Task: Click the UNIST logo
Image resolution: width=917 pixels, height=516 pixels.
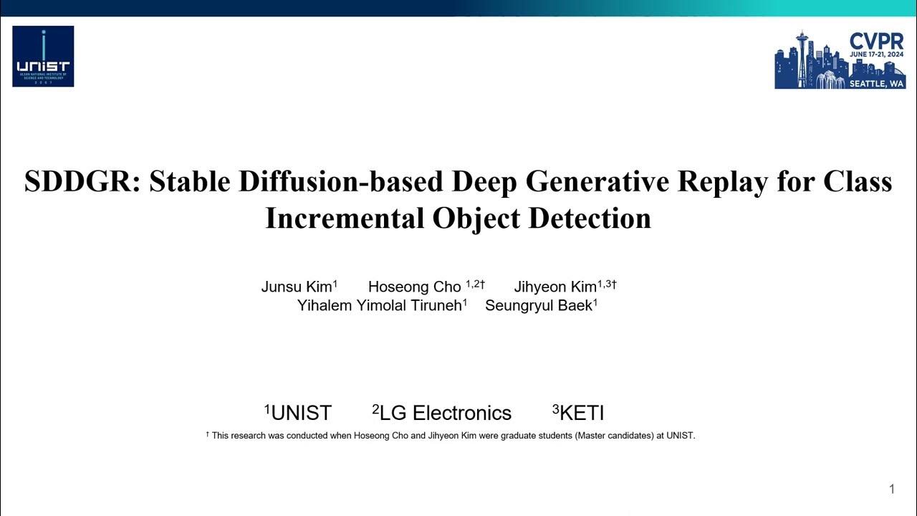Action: click(x=43, y=57)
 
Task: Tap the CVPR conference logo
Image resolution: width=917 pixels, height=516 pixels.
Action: click(x=840, y=59)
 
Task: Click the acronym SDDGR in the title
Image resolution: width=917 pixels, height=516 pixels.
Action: click(x=81, y=181)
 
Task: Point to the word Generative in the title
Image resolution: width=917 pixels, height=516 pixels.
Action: click(x=597, y=181)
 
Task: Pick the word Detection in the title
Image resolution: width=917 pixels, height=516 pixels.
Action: click(x=589, y=218)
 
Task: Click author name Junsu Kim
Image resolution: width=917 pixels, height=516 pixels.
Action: click(x=297, y=287)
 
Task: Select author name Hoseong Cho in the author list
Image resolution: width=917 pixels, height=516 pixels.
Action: click(x=414, y=287)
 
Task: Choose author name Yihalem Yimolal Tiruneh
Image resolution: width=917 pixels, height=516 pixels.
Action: click(x=379, y=306)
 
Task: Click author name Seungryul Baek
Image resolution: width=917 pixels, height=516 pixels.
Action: click(x=539, y=306)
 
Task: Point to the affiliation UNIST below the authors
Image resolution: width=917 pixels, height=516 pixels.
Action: click(x=301, y=414)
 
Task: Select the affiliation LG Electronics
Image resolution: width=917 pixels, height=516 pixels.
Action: click(x=445, y=414)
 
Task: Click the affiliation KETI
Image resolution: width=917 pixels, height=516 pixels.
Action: click(x=582, y=414)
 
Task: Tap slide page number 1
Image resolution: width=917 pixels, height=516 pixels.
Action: click(x=892, y=489)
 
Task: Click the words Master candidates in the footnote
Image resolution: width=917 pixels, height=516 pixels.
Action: click(x=612, y=436)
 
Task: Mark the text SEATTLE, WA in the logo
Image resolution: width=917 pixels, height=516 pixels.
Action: click(x=876, y=83)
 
